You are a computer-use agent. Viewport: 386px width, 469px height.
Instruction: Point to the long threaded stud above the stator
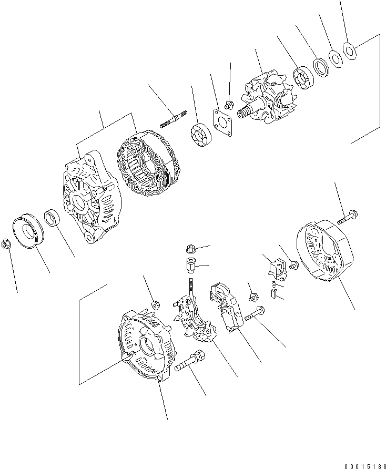click(174, 118)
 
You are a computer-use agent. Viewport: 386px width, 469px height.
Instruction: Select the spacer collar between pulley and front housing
click(54, 218)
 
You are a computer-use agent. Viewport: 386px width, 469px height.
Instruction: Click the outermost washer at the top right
click(349, 49)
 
